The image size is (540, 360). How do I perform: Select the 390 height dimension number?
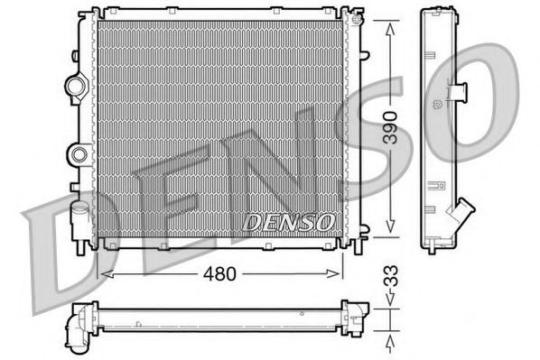pos(389,128)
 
